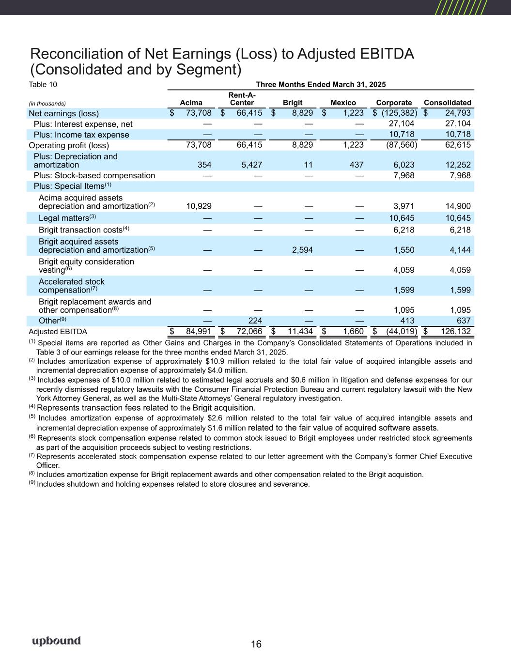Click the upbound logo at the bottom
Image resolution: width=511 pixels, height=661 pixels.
coord(56,641)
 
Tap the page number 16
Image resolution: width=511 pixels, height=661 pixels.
coord(256,644)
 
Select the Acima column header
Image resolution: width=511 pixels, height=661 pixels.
coord(191,103)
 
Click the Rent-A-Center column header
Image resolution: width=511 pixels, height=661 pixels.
coord(242,99)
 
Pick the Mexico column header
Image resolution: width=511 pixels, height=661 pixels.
coord(343,103)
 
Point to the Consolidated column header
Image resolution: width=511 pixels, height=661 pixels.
coord(447,103)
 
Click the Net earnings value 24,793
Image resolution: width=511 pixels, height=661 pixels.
coord(452,113)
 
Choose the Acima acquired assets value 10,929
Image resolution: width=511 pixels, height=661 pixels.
coord(199,206)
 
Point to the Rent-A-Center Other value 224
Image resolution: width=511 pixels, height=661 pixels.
coord(255,321)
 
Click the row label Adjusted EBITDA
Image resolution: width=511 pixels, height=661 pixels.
coord(58,332)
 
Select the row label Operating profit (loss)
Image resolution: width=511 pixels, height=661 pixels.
coord(69,145)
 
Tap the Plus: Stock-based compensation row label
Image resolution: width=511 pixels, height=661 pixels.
coord(94,175)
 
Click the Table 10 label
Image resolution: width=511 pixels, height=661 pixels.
coord(43,84)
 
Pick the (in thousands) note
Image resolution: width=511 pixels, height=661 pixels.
coord(47,103)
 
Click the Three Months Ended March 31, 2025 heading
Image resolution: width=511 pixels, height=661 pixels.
coord(320,84)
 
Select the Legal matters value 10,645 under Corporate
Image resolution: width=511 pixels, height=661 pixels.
coord(402,218)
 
